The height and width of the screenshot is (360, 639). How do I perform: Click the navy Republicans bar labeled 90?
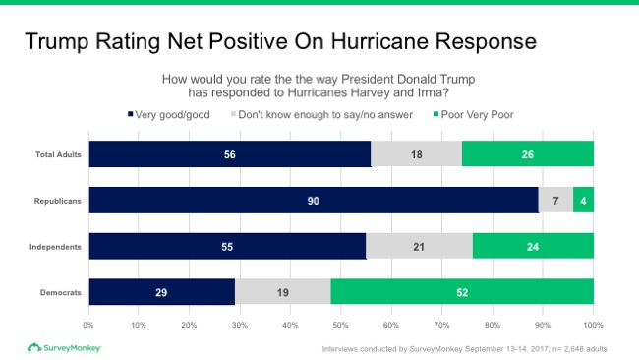click(x=314, y=201)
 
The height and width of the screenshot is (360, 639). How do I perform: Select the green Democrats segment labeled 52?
click(x=462, y=292)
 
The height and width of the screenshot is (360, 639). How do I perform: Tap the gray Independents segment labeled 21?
click(x=417, y=246)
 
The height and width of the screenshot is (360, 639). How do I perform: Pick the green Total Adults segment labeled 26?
click(x=528, y=154)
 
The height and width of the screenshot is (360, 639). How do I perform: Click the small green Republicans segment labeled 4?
click(x=584, y=201)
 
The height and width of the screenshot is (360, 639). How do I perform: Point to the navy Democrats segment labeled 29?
click(x=162, y=292)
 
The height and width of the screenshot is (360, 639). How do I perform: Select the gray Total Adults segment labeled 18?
click(x=416, y=154)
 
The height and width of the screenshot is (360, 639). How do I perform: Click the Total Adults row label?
click(x=58, y=154)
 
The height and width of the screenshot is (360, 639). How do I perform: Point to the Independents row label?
click(x=56, y=246)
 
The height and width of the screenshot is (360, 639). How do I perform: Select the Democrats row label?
click(x=60, y=292)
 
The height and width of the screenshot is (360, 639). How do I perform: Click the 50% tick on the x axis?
click(x=341, y=324)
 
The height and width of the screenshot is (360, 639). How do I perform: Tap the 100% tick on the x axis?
click(x=593, y=324)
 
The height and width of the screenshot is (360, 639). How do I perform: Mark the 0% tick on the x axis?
click(x=89, y=324)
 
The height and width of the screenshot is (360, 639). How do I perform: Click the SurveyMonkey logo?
click(x=64, y=347)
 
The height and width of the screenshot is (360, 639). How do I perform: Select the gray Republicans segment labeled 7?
click(x=555, y=201)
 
